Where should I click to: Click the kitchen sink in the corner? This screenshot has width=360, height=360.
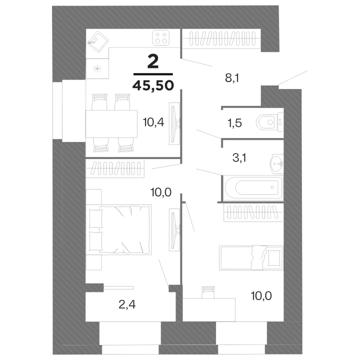coord(98,41)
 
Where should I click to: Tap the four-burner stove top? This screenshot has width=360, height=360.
coord(161,38)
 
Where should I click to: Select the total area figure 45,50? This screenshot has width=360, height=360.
coord(153,86)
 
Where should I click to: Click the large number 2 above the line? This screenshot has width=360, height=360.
coord(153,62)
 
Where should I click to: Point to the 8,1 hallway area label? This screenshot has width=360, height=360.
coord(232,78)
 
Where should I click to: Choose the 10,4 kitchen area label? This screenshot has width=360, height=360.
coord(153,122)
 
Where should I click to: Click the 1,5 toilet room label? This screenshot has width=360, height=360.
coord(234,123)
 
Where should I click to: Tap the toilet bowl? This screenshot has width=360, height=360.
coord(269,122)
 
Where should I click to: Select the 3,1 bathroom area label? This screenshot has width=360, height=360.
coord(239,157)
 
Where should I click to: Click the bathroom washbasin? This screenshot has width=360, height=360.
coord(277,163)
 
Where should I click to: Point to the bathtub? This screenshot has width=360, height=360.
coord(253,187)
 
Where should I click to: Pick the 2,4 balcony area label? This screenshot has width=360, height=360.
coord(127,304)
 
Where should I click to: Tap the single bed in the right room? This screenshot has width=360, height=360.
coord(251,257)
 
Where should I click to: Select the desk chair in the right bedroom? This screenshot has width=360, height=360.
coord(208,292)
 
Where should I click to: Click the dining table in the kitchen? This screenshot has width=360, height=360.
coord(111,124)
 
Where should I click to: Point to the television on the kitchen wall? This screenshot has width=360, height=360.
coord(174,123)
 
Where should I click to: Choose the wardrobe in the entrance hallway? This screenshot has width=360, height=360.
coord(222,38)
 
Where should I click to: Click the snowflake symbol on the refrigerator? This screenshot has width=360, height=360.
coord(97,68)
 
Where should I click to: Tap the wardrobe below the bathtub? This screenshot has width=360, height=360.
coord(253,212)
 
